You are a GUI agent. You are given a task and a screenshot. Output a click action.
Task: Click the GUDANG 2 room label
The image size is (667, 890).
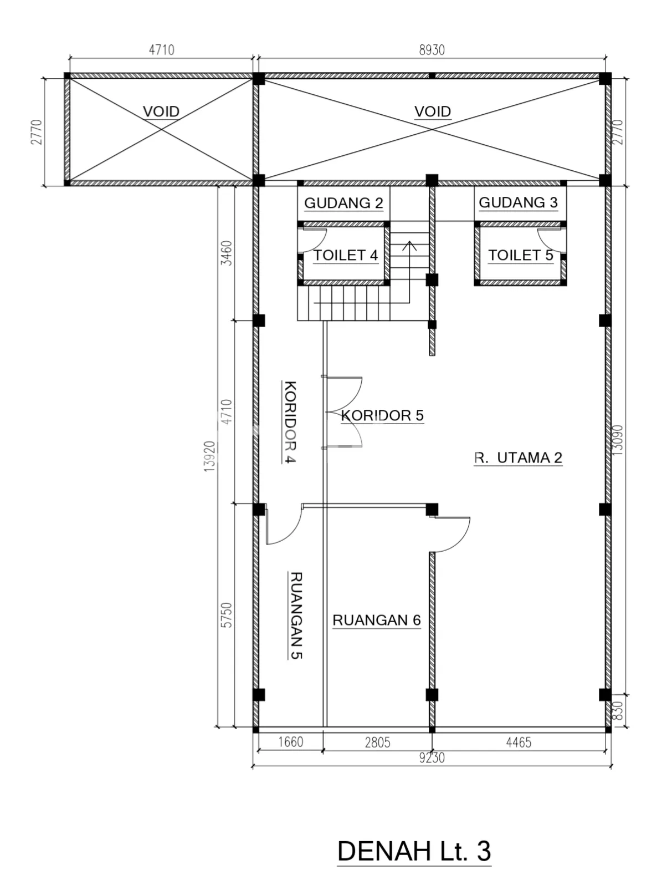point(343,203)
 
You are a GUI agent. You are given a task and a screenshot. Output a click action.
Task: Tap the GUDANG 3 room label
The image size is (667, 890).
point(518,202)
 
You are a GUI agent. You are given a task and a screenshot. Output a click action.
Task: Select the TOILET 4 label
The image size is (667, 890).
point(346,255)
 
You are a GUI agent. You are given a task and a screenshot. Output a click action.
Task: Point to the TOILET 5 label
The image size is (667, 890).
point(520,255)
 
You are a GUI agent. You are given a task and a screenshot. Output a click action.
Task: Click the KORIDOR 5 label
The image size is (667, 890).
point(382,415)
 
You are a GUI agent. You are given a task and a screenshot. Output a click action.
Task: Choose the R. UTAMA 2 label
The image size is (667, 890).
point(518,457)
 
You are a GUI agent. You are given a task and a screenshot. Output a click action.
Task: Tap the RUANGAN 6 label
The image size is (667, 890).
point(377,620)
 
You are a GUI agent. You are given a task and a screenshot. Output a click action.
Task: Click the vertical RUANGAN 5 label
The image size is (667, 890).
point(296,616)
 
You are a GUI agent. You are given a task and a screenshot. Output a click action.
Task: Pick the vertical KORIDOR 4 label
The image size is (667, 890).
point(290,421)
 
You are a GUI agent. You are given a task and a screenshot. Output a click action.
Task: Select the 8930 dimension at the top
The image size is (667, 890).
point(432,50)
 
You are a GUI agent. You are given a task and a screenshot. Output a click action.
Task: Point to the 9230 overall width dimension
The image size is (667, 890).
point(432,758)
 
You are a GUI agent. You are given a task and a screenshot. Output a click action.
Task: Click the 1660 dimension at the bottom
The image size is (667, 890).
point(291,742)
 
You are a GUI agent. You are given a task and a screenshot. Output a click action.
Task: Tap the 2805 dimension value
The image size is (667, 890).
point(377,742)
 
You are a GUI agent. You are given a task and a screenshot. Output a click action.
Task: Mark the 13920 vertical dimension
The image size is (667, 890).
point(210,456)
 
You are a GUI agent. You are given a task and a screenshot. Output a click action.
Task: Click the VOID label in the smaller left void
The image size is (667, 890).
point(161,111)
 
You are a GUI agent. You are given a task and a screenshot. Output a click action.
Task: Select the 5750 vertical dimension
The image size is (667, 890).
point(227,615)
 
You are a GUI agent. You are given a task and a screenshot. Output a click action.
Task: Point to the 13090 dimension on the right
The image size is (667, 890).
point(618,440)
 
